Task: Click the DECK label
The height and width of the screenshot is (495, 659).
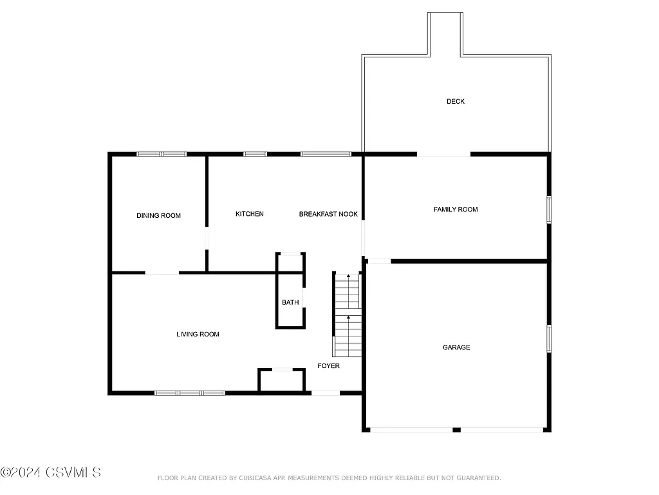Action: (456, 101)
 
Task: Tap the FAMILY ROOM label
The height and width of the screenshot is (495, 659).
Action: (456, 209)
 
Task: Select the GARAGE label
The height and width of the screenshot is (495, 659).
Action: (456, 347)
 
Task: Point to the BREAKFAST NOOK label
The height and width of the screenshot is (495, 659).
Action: (328, 214)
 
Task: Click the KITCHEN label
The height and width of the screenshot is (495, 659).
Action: (249, 214)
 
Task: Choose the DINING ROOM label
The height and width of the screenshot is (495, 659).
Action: (158, 216)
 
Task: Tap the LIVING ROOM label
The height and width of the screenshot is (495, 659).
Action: (198, 335)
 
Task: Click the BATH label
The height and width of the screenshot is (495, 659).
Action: (290, 302)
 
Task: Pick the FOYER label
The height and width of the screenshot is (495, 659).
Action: (328, 366)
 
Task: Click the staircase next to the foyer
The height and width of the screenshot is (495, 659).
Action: (348, 315)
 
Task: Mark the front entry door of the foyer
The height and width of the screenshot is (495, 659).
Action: (326, 393)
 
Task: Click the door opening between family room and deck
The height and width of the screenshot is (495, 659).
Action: (443, 155)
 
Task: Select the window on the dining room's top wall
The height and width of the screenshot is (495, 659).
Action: (162, 154)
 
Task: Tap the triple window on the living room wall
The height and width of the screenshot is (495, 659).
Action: (190, 393)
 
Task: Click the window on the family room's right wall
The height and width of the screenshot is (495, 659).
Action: (548, 209)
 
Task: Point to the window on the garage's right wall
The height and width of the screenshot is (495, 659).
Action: (548, 338)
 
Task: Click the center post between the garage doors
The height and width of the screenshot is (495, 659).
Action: (456, 429)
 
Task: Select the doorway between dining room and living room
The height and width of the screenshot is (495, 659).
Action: (162, 273)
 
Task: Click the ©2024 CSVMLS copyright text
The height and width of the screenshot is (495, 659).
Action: (51, 472)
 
